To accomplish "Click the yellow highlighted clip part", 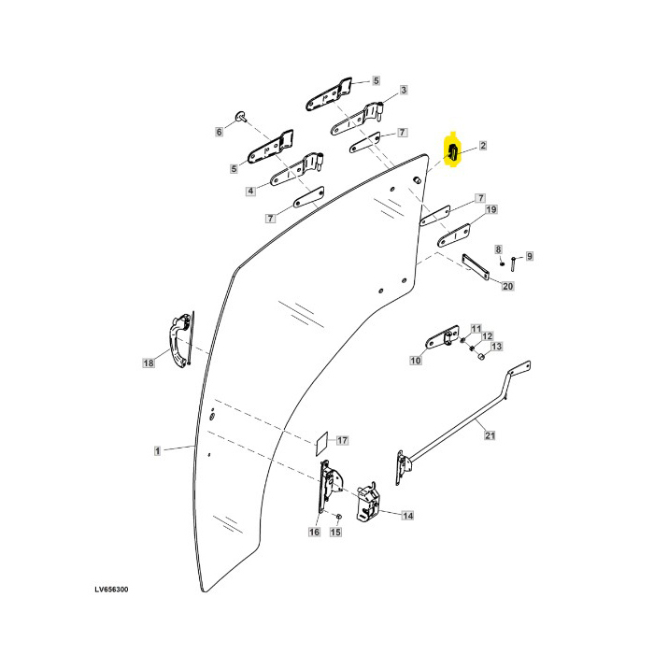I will tap(452, 152).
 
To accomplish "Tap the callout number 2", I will tap(483, 146).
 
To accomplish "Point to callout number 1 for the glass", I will tap(157, 450).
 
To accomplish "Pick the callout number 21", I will tap(487, 434).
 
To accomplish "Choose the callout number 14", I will tap(405, 515).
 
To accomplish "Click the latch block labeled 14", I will tap(368, 502).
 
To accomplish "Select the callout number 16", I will tap(313, 532).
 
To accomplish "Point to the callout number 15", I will tap(335, 533).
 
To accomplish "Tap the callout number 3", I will tap(404, 91).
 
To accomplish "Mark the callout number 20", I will tap(507, 286).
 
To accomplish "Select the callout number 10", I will tap(415, 360).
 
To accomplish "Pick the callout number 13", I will tap(496, 347).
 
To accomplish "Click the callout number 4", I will tap(250, 191).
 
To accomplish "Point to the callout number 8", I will tap(499, 249).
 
